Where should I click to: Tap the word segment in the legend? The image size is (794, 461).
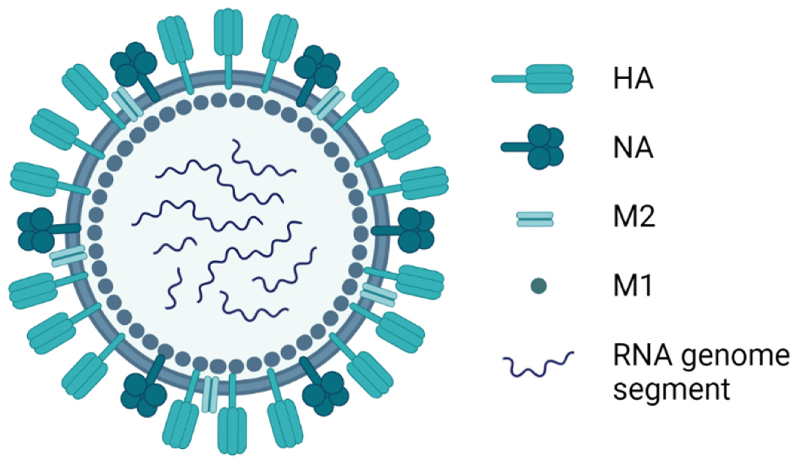coord(671,390)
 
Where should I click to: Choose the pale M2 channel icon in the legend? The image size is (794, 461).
coord(535,219)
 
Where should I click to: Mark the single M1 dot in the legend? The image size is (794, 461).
coord(538,286)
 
